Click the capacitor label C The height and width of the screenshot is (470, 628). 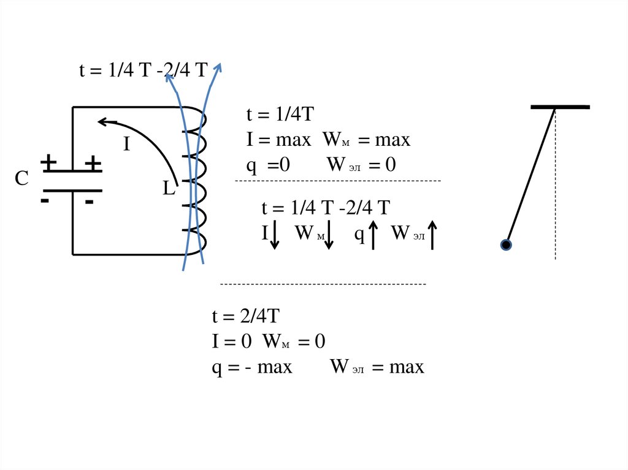pyautogui.click(x=22, y=179)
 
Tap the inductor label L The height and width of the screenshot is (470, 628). pyautogui.click(x=169, y=189)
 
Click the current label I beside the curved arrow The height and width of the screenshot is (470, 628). pyautogui.click(x=127, y=145)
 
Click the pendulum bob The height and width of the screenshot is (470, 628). pyautogui.click(x=506, y=245)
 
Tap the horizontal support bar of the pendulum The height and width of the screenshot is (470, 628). pyautogui.click(x=560, y=107)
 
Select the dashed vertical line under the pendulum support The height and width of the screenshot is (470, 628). pyautogui.click(x=556, y=184)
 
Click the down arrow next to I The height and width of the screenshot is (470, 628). pyautogui.click(x=275, y=236)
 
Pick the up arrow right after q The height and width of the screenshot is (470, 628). pyautogui.click(x=373, y=235)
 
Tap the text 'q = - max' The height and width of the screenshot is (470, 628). pyautogui.click(x=252, y=367)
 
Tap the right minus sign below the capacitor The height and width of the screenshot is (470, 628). pyautogui.click(x=90, y=202)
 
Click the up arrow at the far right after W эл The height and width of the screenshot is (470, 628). pyautogui.click(x=432, y=235)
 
